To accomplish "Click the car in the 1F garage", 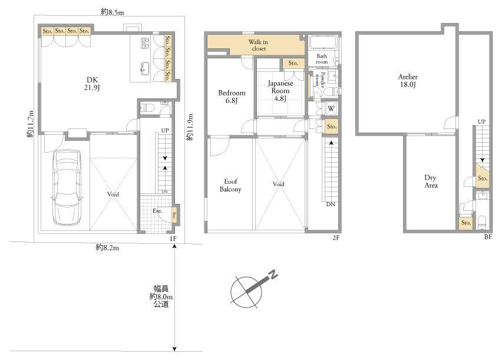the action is (66, 187).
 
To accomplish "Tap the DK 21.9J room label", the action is (92, 84).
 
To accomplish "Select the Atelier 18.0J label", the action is (408, 81).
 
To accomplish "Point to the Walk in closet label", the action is (258, 45).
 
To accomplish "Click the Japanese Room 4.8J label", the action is (280, 91).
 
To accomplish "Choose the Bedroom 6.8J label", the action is (232, 97).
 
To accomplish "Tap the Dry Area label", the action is (431, 181).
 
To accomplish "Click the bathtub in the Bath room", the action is (323, 42).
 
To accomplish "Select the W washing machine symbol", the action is (331, 108).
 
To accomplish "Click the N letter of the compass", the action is (273, 275).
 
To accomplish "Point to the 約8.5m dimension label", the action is (113, 12).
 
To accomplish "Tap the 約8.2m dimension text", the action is (107, 247).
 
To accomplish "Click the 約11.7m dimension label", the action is (30, 124).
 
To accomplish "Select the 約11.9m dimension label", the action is (190, 127).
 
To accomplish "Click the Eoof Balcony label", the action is (230, 185).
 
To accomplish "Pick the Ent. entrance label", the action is (157, 211).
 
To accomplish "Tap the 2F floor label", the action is (335, 237).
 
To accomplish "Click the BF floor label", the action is (488, 237).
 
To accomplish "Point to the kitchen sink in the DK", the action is (145, 68).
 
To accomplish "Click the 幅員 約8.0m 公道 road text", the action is (161, 296).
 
